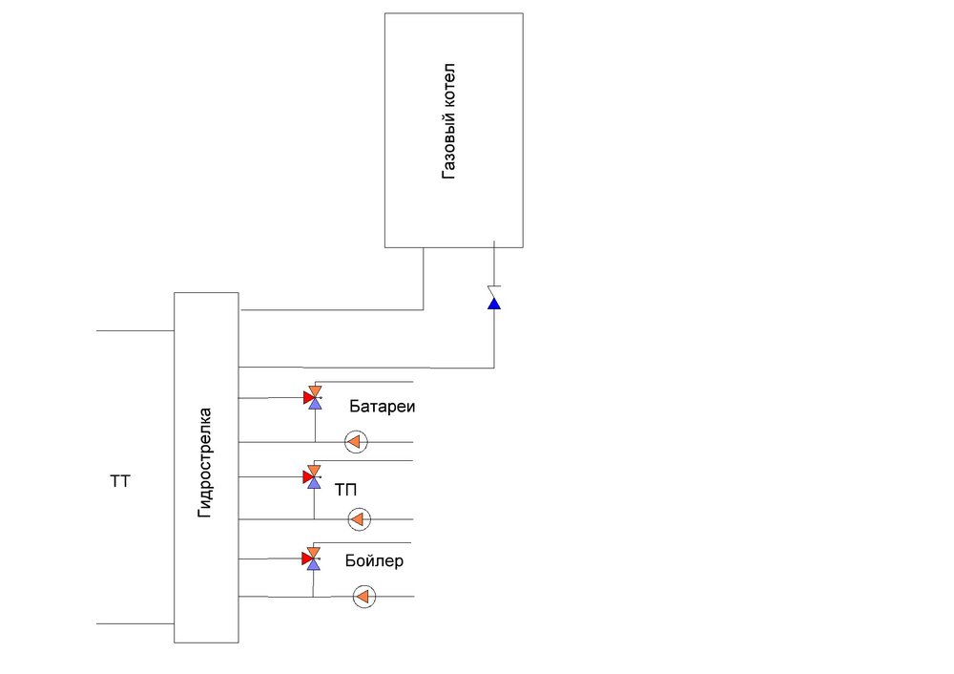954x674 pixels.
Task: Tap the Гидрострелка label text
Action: coord(205,463)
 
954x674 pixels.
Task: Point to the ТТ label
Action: coord(120,483)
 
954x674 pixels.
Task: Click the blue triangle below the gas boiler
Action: coord(494,304)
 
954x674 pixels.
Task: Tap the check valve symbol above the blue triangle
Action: coord(494,287)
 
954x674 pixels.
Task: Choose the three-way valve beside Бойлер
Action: coord(313,558)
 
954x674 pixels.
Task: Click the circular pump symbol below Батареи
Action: coord(356,442)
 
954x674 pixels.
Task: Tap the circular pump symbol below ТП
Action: coord(359,519)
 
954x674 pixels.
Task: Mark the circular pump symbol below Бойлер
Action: coord(363,597)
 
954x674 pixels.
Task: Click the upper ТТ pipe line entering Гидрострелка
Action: coord(135,331)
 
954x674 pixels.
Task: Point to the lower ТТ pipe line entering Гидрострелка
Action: coord(135,623)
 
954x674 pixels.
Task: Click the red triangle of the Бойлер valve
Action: coord(307,558)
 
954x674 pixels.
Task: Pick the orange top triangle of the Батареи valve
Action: coord(315,390)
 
